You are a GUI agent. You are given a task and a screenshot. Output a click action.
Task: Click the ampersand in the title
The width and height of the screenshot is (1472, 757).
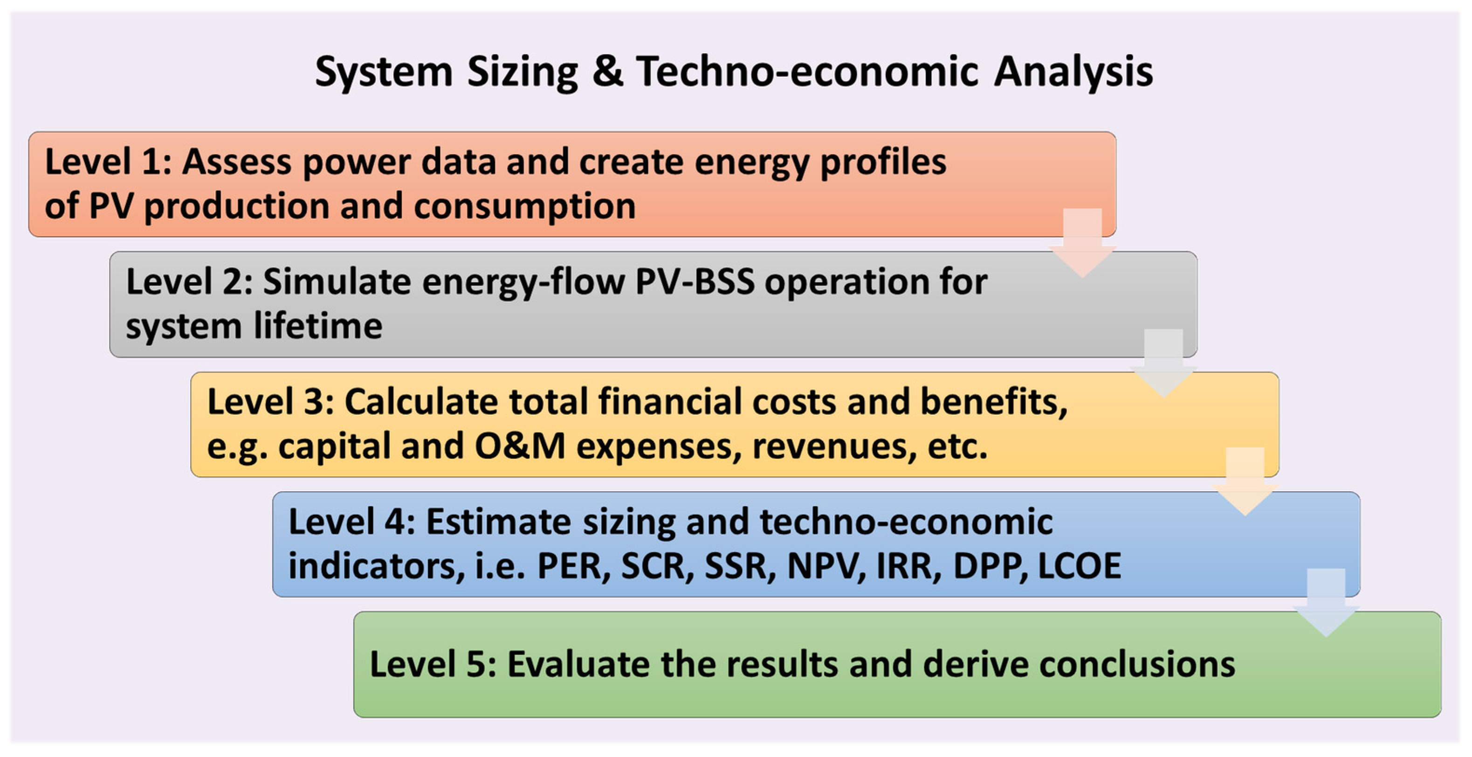point(607,71)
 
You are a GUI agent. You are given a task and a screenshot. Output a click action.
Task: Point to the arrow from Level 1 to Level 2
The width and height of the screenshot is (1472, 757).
point(1082,243)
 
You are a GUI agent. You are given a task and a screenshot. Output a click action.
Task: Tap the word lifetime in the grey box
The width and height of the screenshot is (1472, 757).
point(318,326)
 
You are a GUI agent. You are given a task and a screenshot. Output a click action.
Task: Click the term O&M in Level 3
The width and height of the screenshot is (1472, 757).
point(520,446)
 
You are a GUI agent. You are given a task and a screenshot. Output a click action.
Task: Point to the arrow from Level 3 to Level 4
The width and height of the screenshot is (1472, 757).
point(1245,482)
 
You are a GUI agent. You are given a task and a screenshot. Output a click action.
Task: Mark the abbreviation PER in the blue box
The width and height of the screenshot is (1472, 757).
point(574,567)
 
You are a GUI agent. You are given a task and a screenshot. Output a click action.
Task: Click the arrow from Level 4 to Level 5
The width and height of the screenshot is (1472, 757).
point(1326,603)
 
